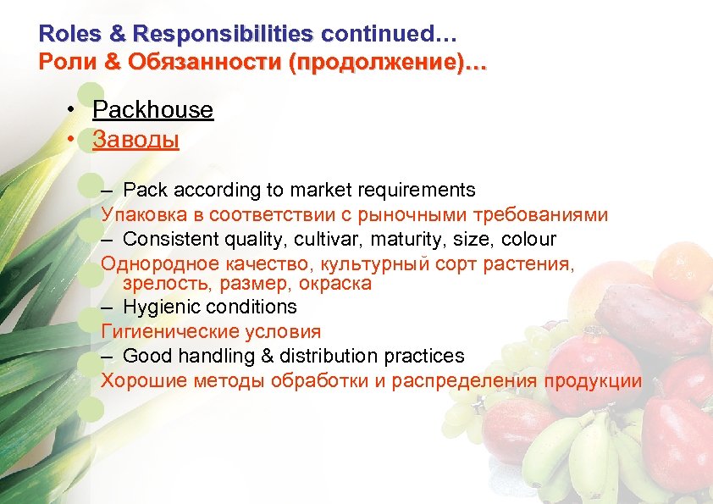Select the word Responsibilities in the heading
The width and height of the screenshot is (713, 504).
click(x=223, y=35)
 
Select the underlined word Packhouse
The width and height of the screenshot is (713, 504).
click(x=152, y=110)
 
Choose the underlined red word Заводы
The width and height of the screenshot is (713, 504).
click(x=135, y=139)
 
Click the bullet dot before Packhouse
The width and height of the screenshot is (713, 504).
click(x=75, y=111)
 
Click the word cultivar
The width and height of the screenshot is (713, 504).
click(x=328, y=240)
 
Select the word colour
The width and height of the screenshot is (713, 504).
click(x=528, y=240)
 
